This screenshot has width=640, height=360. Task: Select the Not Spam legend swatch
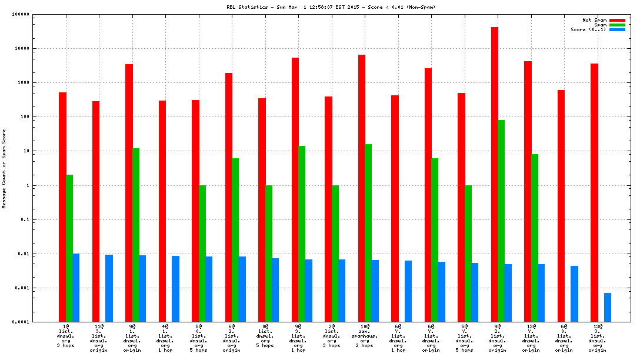pos(617,20)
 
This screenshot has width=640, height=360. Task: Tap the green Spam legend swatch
pos(617,25)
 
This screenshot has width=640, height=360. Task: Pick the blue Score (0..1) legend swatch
pos(617,29)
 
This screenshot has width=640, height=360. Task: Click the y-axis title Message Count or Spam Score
pos(4,169)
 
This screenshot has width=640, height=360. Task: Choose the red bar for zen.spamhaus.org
pos(362,188)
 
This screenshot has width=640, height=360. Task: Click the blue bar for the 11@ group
pos(109,288)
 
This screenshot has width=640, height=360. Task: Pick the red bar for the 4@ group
pos(162,211)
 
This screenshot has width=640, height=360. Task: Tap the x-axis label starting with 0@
pos(265,335)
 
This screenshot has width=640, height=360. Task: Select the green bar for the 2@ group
pos(335,254)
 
